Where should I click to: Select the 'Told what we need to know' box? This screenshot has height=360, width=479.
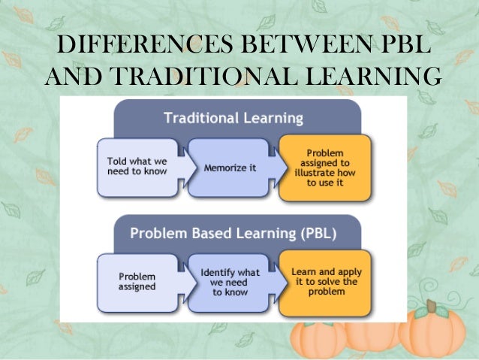point(138,167)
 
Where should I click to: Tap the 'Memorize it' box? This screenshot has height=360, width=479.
point(230,168)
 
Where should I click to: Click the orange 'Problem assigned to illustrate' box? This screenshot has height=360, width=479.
point(324,167)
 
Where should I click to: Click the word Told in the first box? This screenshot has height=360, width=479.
point(116,162)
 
